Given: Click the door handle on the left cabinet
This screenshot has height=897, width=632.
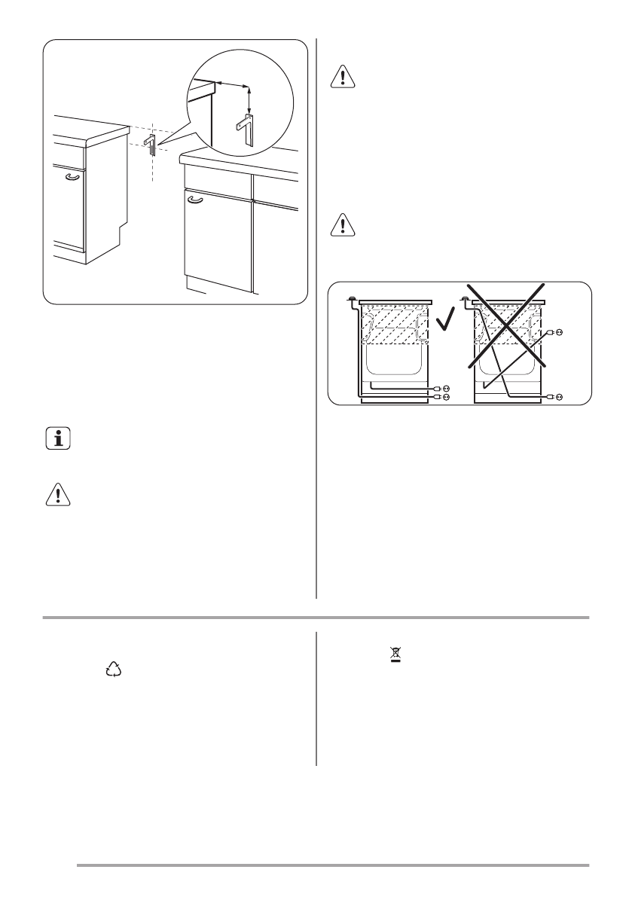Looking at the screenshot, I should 72,176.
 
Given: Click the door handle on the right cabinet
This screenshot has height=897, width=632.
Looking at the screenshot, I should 194,200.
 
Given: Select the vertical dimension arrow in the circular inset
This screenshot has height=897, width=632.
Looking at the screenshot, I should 249,98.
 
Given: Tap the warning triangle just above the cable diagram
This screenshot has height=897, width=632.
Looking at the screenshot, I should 342,224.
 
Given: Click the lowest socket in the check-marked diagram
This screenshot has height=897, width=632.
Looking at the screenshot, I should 446,396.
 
